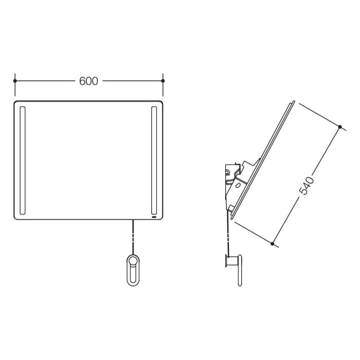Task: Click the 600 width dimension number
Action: [88, 81]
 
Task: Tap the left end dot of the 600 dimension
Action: [15, 81]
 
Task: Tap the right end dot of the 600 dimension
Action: [163, 81]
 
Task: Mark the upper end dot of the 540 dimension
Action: [340, 127]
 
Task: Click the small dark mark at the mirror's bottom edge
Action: [154, 217]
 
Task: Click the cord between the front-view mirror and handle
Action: [133, 237]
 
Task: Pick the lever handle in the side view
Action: [238, 270]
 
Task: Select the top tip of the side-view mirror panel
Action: [293, 101]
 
